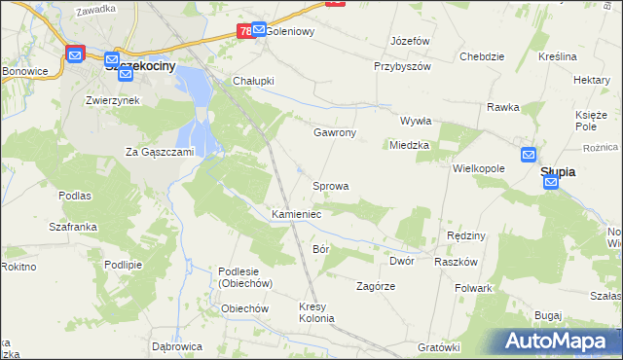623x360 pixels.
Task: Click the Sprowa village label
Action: (x=330, y=185)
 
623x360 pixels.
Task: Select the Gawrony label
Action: (x=334, y=132)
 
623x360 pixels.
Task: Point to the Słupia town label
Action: (x=557, y=172)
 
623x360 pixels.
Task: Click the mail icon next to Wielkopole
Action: (x=528, y=155)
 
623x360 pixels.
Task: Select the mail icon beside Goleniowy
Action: (x=258, y=30)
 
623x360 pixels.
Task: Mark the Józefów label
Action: (x=410, y=42)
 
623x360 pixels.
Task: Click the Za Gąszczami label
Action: (x=161, y=152)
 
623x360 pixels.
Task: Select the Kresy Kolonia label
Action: (x=316, y=313)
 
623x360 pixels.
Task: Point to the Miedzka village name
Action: (x=409, y=145)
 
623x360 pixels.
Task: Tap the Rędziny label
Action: (x=465, y=236)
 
